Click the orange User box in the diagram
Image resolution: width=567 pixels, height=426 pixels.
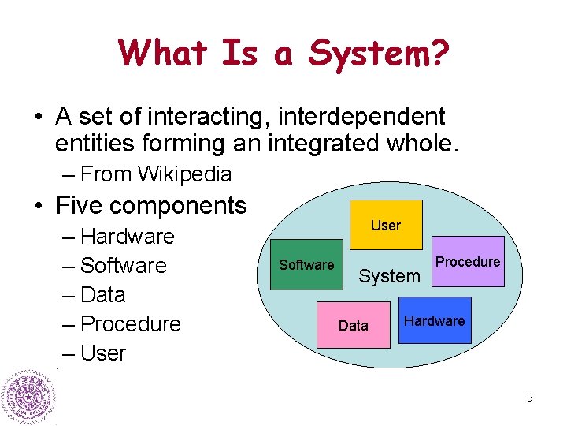pyautogui.click(x=386, y=225)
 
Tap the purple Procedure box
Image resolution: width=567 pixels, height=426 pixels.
pyautogui.click(x=468, y=262)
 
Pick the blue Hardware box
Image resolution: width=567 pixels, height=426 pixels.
pyautogui.click(x=435, y=320)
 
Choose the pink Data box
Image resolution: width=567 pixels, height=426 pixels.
pyautogui.click(x=353, y=325)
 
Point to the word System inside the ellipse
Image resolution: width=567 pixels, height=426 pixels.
pyautogui.click(x=389, y=276)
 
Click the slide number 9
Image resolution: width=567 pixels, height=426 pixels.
pyautogui.click(x=530, y=398)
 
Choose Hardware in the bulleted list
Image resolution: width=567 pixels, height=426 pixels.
pyautogui.click(x=128, y=236)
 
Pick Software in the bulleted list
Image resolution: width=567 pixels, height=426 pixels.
pyautogui.click(x=124, y=265)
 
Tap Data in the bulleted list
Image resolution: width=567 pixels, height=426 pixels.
pyautogui.click(x=103, y=294)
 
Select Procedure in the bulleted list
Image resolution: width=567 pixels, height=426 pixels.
pyautogui.click(x=131, y=323)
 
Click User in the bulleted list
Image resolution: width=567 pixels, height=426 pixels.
pyautogui.click(x=103, y=353)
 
